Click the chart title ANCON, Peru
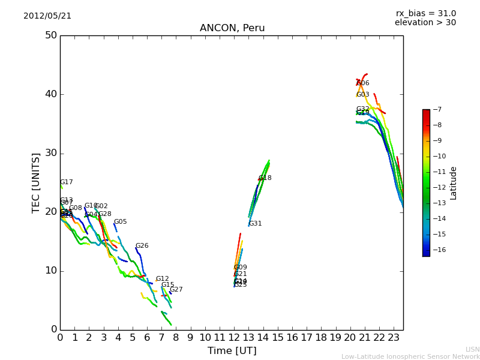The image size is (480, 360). coord(232,28)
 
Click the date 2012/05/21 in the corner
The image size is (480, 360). coord(47,16)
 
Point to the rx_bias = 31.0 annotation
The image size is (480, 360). coord(425,13)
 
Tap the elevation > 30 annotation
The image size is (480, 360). coord(425,23)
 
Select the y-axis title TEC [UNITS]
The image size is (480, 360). coord(36,182)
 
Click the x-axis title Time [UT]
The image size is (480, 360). coord(232,350)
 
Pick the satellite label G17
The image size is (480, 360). coord(66,182)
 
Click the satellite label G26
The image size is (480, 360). coord(142,246)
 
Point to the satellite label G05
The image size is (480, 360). coord(120,222)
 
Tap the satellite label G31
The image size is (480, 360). coord(255,224)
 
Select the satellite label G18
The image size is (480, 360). coord(265,178)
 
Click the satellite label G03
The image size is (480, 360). coord(362,95)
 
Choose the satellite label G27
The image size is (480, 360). coord(176,290)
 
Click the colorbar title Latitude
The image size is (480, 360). coord(453,183)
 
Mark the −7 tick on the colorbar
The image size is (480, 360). coord(436,110)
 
